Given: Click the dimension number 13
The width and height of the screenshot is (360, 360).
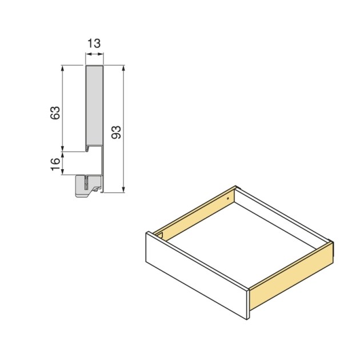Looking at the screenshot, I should (94, 43).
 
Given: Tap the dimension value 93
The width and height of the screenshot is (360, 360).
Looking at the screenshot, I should (115, 133).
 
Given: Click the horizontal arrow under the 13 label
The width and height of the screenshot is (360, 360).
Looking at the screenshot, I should (94, 55).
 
